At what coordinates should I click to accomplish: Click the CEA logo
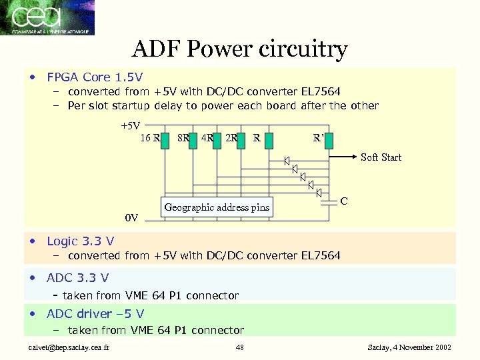47,18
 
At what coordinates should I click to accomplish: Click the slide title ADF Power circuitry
240,49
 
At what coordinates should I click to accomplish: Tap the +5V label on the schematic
130,125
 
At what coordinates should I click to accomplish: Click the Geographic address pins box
217,207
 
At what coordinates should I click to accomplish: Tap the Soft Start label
381,157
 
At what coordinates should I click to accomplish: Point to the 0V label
131,218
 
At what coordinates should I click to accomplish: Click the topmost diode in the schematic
286,160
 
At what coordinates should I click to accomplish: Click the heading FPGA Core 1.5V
95,77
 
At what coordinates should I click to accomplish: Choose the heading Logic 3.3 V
80,241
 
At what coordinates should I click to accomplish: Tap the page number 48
240,347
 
